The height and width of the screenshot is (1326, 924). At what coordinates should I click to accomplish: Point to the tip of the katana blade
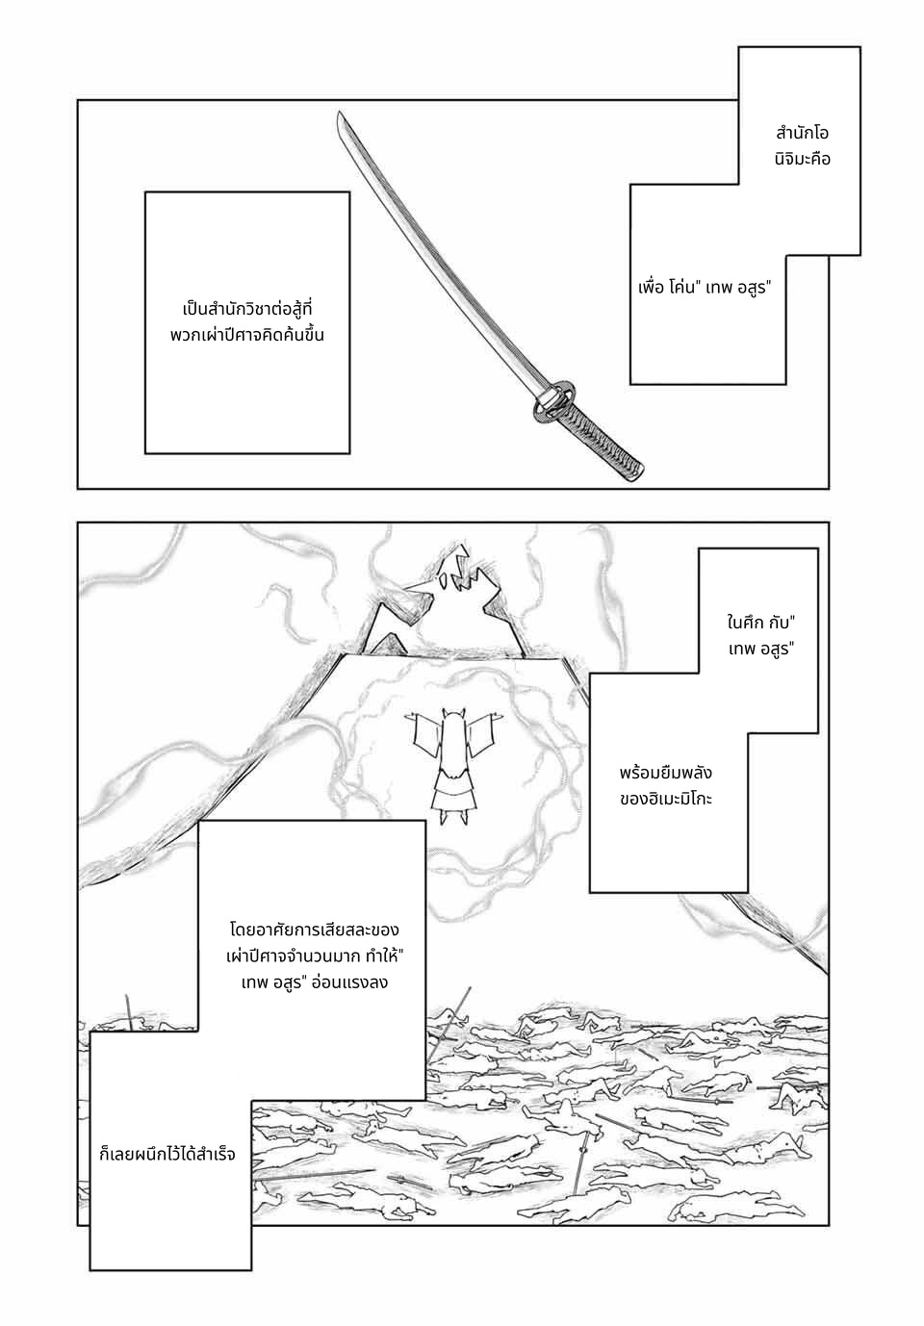pyautogui.click(x=339, y=113)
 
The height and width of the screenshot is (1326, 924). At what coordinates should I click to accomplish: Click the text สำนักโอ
pyautogui.click(x=802, y=134)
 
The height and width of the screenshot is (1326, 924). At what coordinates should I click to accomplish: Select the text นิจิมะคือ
pyautogui.click(x=802, y=159)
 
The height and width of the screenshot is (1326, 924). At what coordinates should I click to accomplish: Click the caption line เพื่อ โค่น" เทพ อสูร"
pyautogui.click(x=705, y=289)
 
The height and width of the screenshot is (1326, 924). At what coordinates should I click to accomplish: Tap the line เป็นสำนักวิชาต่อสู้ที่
pyautogui.click(x=246, y=310)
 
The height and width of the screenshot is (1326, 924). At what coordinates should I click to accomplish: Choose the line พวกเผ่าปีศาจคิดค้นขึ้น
pyautogui.click(x=246, y=336)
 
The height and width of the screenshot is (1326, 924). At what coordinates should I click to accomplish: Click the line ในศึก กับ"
pyautogui.click(x=760, y=624)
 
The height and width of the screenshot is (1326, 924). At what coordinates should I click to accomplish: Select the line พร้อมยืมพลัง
pyautogui.click(x=665, y=773)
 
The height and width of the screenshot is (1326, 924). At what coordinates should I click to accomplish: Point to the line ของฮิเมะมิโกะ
pyautogui.click(x=665, y=800)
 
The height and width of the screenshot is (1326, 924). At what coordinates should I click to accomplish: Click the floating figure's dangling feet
pyautogui.click(x=453, y=816)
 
